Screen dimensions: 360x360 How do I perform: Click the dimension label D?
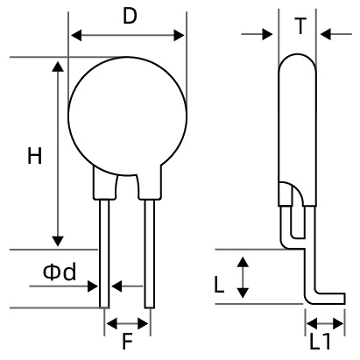point(128,17)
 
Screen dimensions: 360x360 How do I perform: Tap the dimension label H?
point(34,157)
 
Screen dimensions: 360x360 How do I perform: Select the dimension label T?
point(300,25)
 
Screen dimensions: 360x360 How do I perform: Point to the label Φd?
point(60,272)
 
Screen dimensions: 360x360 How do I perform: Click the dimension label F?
point(127,341)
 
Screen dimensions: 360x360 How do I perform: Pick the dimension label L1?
point(320,341)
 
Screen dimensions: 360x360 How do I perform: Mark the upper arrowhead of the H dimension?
point(59,67)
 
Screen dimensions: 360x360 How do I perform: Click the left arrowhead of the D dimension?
point(75,36)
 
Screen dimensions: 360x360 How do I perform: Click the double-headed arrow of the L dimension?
point(244,276)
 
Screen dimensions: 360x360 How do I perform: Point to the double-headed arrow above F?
point(127,323)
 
